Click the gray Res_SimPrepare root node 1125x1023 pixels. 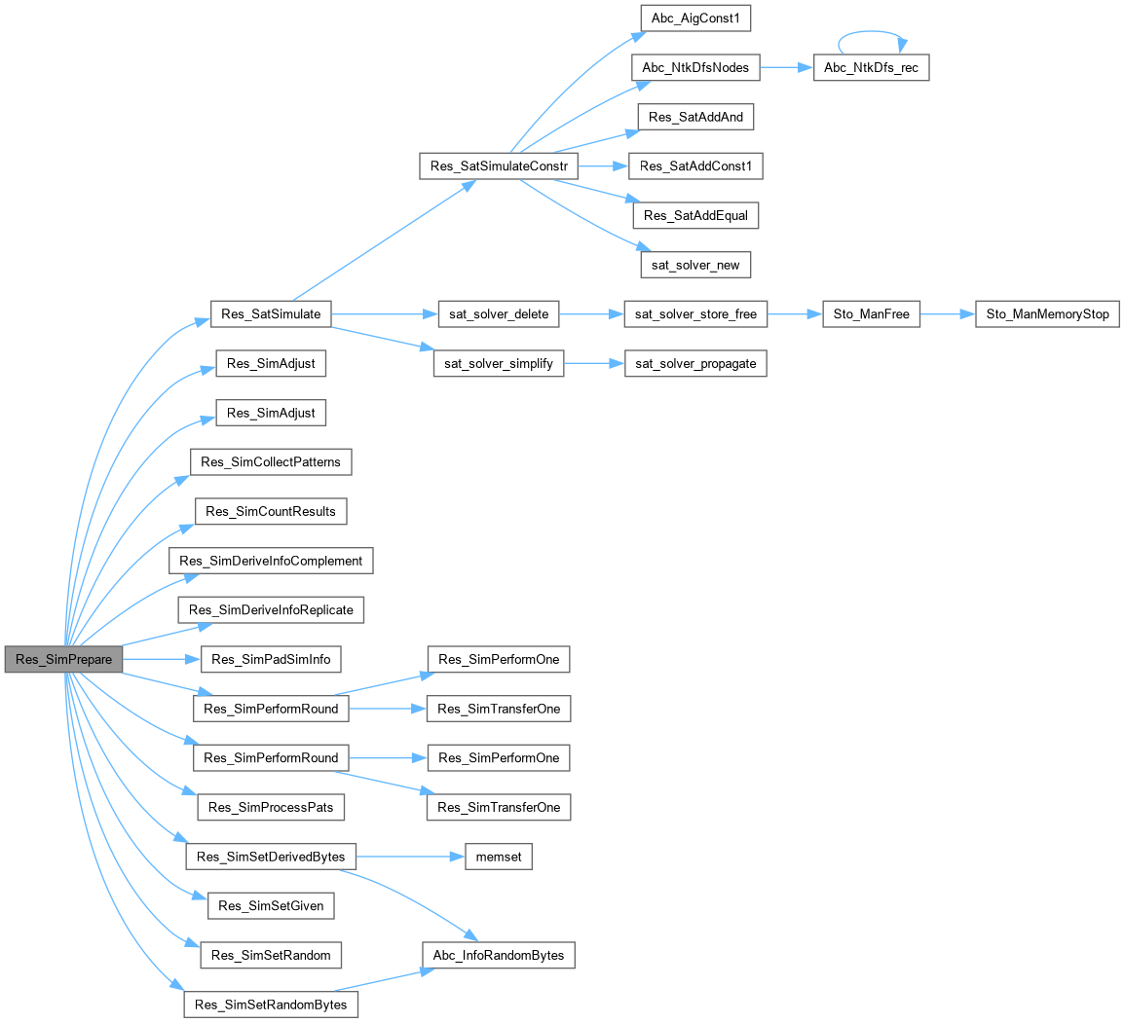click(x=63, y=659)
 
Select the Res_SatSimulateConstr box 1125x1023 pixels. click(x=498, y=166)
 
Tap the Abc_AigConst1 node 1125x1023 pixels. click(x=695, y=18)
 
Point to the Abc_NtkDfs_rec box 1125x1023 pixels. click(x=870, y=68)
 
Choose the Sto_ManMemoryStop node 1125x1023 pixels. click(x=1047, y=314)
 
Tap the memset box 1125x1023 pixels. click(x=491, y=857)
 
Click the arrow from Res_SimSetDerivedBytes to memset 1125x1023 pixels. click(x=401, y=857)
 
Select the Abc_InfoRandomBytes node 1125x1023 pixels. click(x=498, y=955)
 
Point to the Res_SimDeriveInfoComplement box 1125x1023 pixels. click(x=271, y=561)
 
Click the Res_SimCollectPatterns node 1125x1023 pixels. click(x=271, y=461)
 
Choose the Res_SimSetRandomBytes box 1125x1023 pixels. click(x=271, y=1004)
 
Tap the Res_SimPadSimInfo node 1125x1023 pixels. click(x=271, y=659)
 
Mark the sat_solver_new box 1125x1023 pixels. click(x=695, y=264)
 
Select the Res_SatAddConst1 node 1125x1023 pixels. click(x=695, y=166)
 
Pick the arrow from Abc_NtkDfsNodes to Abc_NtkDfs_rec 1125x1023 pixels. click(x=785, y=68)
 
